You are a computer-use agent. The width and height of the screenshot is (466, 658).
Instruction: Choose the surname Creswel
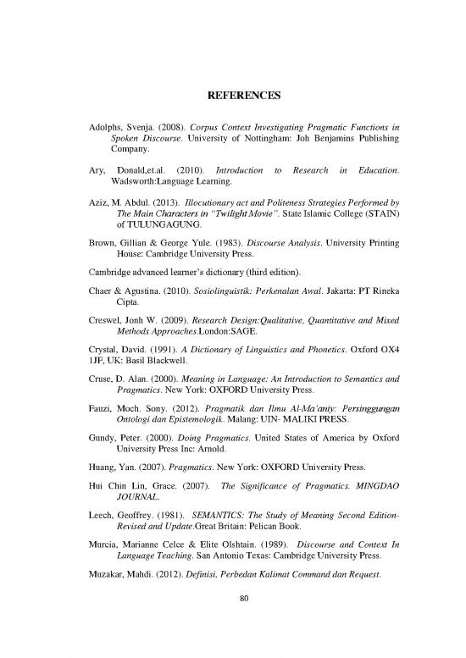point(109,343)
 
